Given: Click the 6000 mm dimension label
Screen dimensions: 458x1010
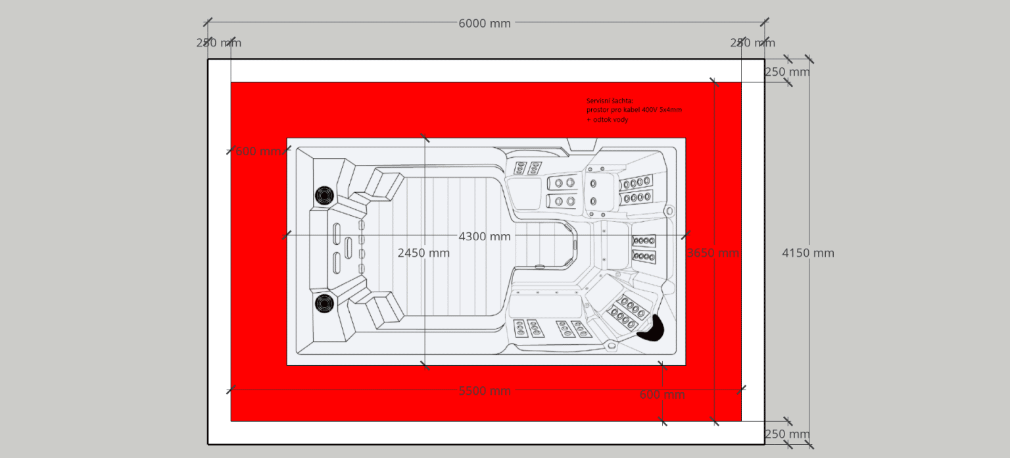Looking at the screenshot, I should [485, 23].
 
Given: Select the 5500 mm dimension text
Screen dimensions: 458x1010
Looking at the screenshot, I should [485, 390].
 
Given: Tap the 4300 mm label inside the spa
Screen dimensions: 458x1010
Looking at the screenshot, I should [485, 236].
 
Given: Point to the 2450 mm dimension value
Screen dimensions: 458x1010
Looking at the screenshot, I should [424, 253].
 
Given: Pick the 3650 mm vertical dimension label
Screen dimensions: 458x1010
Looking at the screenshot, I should [713, 253].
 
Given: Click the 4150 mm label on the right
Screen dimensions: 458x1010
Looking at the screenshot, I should [808, 253].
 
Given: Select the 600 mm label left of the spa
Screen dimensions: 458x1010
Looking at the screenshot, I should [258, 151].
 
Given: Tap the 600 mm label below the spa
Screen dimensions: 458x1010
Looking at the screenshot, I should [662, 394].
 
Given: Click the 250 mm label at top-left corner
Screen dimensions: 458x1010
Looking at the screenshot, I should [218, 43].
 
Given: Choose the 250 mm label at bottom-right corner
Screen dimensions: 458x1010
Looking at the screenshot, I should [787, 434].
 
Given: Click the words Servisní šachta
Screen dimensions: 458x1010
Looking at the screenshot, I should [610, 101].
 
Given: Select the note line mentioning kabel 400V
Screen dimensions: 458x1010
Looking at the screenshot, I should [634, 110].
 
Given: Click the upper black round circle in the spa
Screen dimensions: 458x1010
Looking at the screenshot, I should [324, 195].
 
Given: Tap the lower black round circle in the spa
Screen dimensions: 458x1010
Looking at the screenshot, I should [324, 303].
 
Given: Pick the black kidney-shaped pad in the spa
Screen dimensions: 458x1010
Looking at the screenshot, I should [652, 329].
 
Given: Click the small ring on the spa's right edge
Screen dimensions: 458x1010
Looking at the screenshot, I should [669, 211].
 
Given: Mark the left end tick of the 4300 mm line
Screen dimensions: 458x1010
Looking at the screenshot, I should [287, 235].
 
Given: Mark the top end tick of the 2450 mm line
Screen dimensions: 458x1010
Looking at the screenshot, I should [425, 138].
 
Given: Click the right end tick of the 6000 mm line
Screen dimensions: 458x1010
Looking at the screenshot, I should [764, 22].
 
